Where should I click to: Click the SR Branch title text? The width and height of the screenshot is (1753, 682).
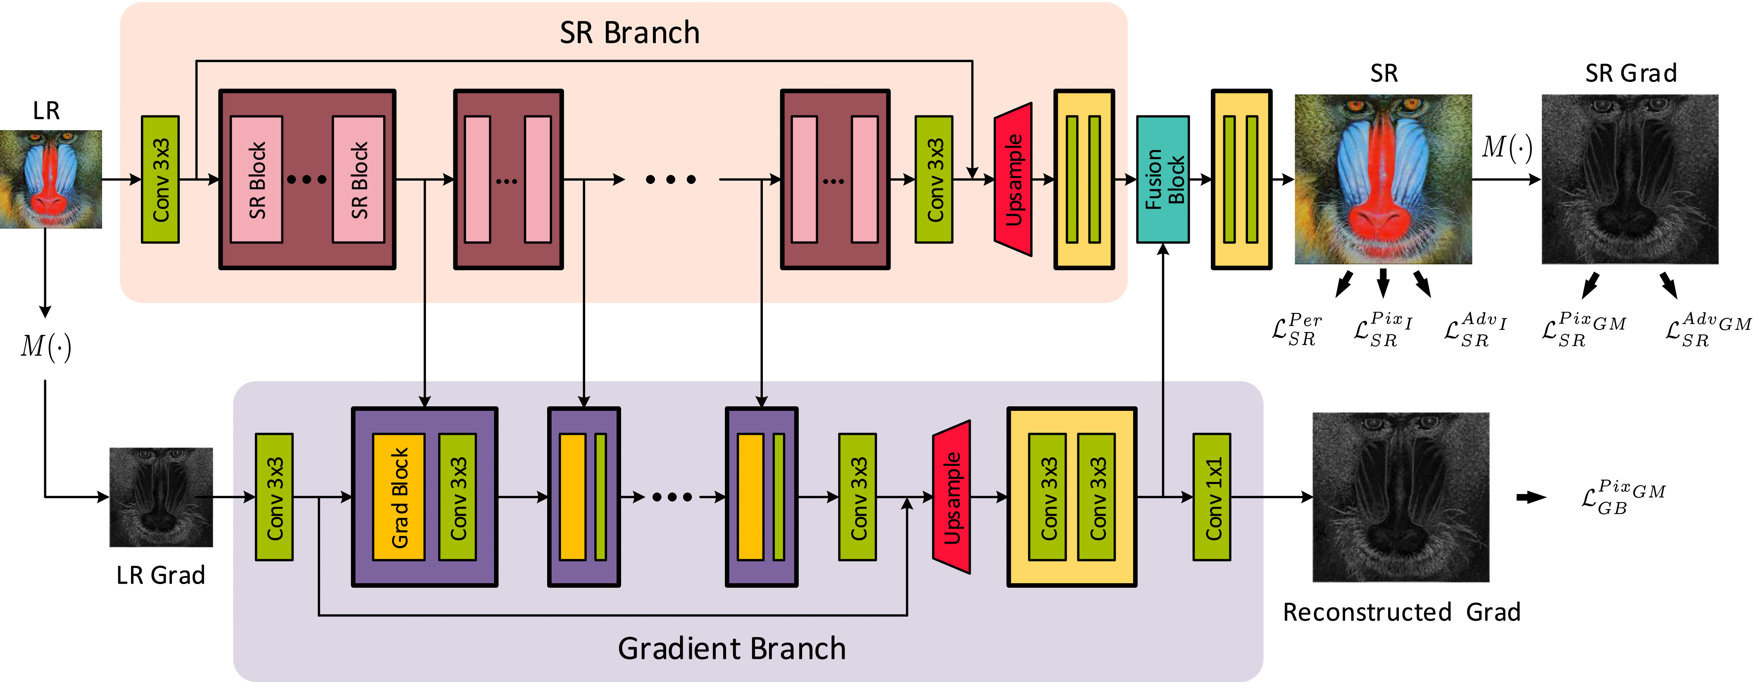(x=629, y=33)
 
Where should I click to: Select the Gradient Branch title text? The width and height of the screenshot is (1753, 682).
(x=731, y=648)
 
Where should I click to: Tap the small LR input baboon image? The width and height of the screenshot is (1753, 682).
(x=51, y=179)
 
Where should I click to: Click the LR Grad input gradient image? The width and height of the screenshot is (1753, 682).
(x=161, y=497)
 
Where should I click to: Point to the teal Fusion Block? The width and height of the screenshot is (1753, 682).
(x=1163, y=179)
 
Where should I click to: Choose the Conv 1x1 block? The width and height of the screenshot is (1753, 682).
(x=1212, y=497)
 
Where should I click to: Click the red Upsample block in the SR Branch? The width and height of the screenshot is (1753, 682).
(x=1013, y=179)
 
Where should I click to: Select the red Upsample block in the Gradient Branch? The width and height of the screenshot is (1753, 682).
(x=951, y=497)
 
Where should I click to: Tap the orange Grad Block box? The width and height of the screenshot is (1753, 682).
(x=399, y=497)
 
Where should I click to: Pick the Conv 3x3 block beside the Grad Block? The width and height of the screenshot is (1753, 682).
(x=457, y=497)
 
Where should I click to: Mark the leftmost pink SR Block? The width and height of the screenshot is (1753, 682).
(x=257, y=179)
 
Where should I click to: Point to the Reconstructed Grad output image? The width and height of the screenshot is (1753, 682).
(x=1400, y=497)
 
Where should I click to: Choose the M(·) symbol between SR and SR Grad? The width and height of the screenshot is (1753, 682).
(x=1507, y=148)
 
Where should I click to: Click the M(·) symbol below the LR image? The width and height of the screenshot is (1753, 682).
(x=45, y=346)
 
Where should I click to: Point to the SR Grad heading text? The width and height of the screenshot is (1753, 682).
(x=1631, y=73)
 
